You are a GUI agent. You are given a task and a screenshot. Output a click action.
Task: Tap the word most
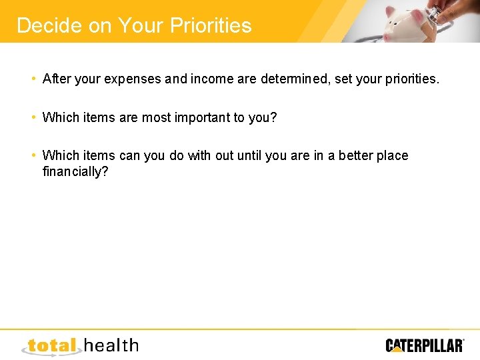click(x=158, y=117)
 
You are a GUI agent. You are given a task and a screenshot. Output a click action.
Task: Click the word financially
click(x=75, y=171)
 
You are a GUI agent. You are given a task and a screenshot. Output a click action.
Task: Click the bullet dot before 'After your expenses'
click(x=33, y=79)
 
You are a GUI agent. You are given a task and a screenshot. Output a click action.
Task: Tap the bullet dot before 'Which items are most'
click(x=33, y=117)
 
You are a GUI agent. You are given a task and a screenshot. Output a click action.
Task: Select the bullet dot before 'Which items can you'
click(x=33, y=155)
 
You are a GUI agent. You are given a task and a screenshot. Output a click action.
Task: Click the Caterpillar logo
click(x=425, y=345)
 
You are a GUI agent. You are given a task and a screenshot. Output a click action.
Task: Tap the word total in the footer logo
click(x=53, y=345)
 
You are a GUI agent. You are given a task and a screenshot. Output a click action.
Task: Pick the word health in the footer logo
click(x=111, y=345)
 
